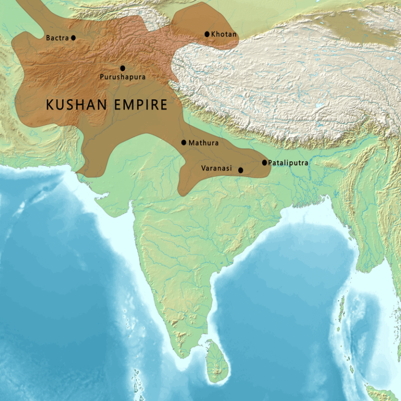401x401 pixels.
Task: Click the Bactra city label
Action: (57, 38)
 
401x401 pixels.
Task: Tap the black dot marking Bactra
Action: (73, 38)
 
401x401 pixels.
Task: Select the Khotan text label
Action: (224, 34)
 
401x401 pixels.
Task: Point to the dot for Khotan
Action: (207, 34)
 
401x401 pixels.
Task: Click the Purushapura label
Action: (123, 77)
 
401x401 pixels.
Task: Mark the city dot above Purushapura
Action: (123, 68)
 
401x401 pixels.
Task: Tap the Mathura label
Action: (204, 143)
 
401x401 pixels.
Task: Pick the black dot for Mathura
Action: (184, 143)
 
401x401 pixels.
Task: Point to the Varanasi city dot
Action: (240, 170)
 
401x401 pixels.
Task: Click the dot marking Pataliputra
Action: (265, 162)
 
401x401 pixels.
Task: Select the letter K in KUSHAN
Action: (51, 105)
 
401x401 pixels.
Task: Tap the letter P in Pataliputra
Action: (270, 163)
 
